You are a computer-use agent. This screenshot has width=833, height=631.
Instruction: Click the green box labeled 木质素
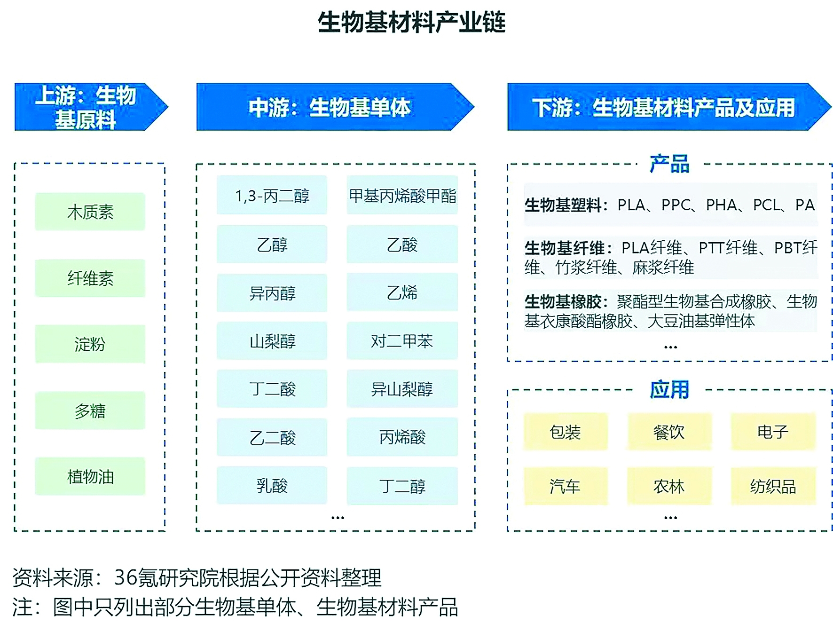(x=90, y=212)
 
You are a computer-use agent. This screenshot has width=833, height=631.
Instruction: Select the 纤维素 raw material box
(x=90, y=278)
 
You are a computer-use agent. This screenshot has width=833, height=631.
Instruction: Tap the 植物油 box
(x=90, y=476)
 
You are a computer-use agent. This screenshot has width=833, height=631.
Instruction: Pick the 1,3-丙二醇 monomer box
(x=272, y=195)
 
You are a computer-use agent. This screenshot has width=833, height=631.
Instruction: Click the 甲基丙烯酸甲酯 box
(x=402, y=195)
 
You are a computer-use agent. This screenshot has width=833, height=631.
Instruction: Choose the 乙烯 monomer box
(x=402, y=292)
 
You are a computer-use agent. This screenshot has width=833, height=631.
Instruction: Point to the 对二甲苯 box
(x=402, y=340)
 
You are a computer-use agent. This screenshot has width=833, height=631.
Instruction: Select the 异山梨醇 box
(x=402, y=389)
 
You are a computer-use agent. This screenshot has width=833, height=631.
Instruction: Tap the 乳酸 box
(x=272, y=485)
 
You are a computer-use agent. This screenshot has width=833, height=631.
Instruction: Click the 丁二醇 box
(x=402, y=485)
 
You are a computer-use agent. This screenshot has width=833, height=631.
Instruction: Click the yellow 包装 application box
(x=566, y=432)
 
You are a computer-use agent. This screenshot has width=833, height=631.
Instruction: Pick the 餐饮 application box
(x=669, y=432)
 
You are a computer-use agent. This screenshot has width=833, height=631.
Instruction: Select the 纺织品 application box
(x=773, y=486)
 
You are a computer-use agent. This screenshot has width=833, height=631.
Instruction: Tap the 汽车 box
(x=566, y=486)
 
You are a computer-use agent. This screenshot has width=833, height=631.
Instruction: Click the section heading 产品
(x=669, y=164)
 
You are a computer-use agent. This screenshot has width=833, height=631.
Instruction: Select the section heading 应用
(x=669, y=389)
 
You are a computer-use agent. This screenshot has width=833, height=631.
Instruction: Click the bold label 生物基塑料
(x=563, y=205)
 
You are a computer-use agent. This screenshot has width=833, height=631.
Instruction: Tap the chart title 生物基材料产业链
(x=412, y=22)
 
